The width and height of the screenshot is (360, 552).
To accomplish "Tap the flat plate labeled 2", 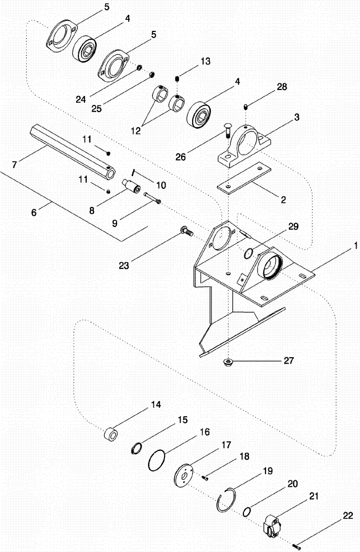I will coord(243,179).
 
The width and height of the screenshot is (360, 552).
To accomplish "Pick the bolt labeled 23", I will coord(186,232).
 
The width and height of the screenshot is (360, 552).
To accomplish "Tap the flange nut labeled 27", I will coord(227,362).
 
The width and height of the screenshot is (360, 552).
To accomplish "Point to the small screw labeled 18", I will coord(204,478).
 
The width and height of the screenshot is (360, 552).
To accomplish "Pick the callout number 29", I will coord(292,227).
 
